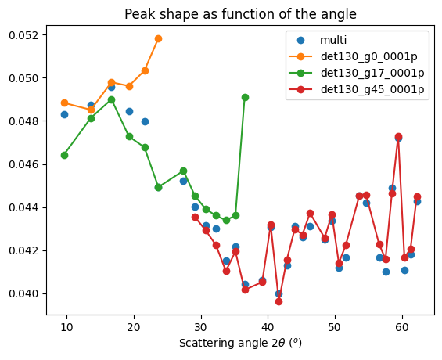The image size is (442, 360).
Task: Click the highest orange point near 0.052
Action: (x=158, y=38)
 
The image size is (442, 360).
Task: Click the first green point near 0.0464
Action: (x=64, y=155)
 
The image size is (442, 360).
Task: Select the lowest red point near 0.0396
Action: (x=278, y=301)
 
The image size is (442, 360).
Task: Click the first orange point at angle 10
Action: (x=64, y=103)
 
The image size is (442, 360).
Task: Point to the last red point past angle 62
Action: (x=417, y=196)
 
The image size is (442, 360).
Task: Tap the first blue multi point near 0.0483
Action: (x=64, y=114)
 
